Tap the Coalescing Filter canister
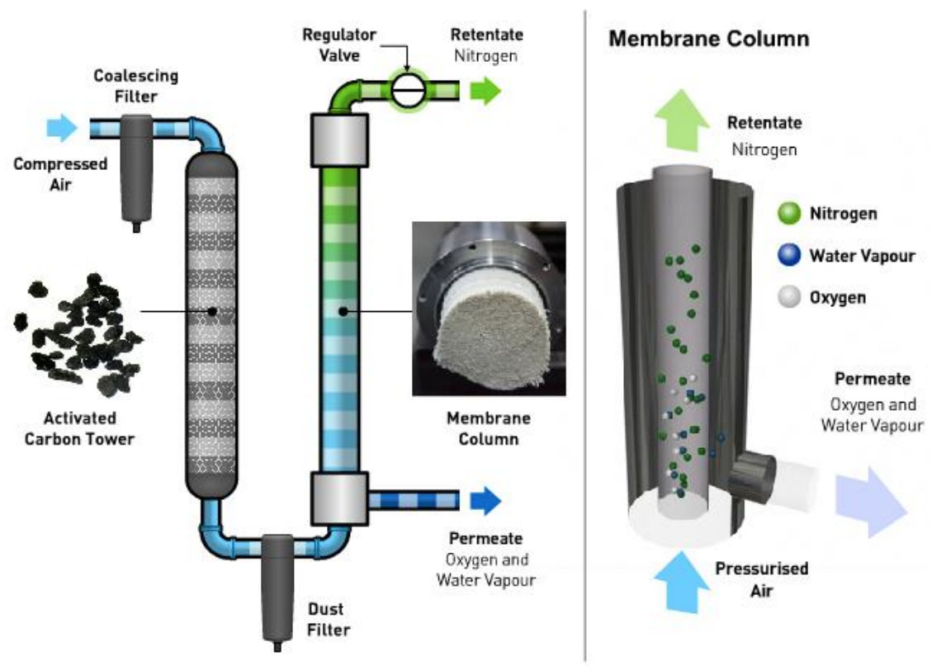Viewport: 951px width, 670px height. [x=136, y=169]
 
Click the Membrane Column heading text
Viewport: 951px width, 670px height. [x=708, y=39]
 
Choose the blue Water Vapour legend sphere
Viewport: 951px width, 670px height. [x=788, y=256]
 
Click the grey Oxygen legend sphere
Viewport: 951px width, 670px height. [x=788, y=297]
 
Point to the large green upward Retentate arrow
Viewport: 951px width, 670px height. [x=682, y=120]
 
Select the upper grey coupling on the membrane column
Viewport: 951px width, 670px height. [x=338, y=139]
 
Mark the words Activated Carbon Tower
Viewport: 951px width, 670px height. [x=79, y=428]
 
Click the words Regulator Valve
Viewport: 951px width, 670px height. [x=338, y=45]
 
